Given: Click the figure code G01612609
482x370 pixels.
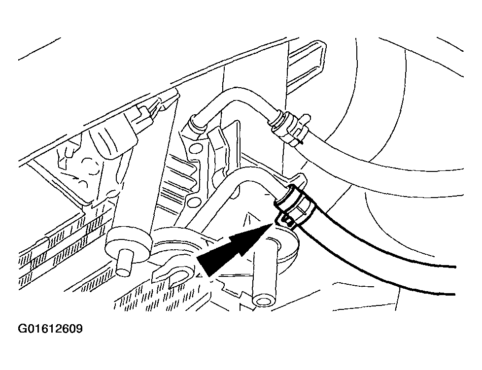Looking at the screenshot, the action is tap(50, 329).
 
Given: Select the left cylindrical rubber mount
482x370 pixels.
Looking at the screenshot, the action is tap(129, 243).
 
